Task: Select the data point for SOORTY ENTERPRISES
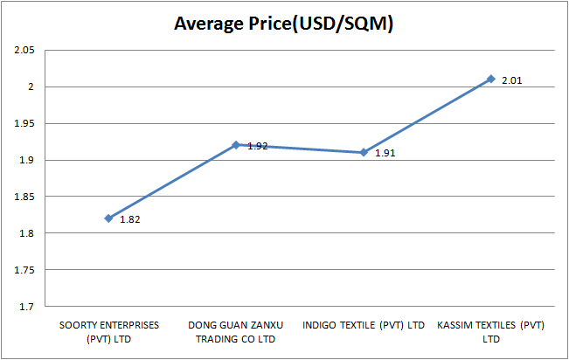point(108,218)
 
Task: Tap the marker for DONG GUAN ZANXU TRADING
point(236,145)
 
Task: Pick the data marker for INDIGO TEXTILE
point(364,152)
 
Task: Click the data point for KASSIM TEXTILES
point(491,79)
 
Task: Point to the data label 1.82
point(129,220)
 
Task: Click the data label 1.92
point(257,146)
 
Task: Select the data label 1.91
point(385,154)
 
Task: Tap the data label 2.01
point(512,80)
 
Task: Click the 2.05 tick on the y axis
point(24,51)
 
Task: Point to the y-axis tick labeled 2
point(31,87)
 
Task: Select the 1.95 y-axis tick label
point(24,124)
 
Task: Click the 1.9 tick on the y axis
point(26,161)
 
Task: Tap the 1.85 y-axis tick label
point(24,197)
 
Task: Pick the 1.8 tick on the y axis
point(26,234)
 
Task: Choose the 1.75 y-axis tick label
point(24,271)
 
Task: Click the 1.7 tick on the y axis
point(26,307)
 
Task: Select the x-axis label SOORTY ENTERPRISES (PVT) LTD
point(108,331)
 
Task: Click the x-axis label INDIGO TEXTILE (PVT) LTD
point(364,326)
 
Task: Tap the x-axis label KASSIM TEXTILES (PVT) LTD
point(491,331)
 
